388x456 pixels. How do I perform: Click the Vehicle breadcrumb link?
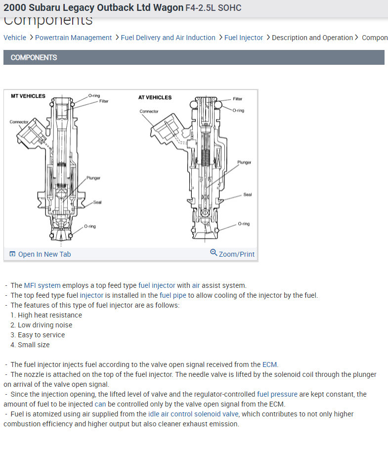point(15,38)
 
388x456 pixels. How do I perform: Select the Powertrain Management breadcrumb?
point(73,38)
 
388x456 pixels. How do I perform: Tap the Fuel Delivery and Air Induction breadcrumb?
point(168,38)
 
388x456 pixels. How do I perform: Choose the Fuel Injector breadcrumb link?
point(244,38)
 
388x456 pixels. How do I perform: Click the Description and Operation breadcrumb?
point(312,38)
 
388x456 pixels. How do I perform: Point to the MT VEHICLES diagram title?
point(28,96)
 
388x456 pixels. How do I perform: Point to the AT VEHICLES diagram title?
point(155,97)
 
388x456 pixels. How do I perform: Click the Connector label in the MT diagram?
point(19,122)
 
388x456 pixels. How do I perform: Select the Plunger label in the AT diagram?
point(244,162)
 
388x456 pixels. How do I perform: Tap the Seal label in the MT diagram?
point(97,202)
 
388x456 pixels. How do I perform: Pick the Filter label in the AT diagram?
point(238,99)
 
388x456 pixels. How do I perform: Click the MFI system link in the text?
point(42,285)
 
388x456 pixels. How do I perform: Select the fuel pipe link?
point(172,295)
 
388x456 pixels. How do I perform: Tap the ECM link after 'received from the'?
point(270,365)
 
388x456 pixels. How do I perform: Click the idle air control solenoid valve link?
point(193,414)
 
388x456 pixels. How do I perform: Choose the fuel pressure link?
point(277,394)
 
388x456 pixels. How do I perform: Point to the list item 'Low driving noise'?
point(45,325)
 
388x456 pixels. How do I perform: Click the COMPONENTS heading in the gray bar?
point(34,57)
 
